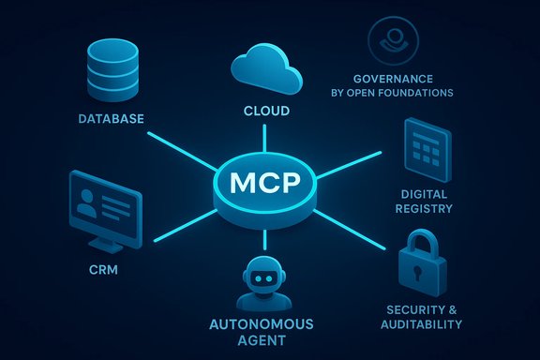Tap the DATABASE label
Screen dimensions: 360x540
point(112,119)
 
